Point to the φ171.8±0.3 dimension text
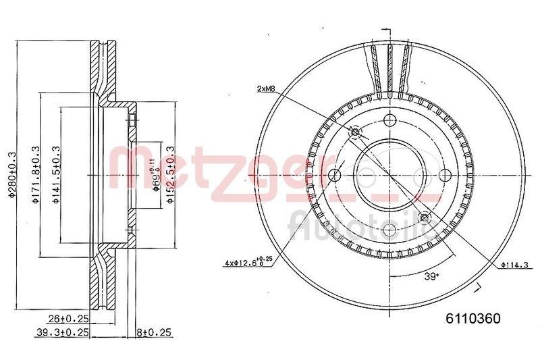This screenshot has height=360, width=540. click(35, 175)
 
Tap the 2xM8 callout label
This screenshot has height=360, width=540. click(267, 88)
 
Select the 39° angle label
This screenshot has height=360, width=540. click(431, 276)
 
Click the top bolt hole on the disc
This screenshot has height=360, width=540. click(389, 121)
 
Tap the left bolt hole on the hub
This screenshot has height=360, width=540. click(334, 176)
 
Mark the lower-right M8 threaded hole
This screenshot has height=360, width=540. click(424, 217)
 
